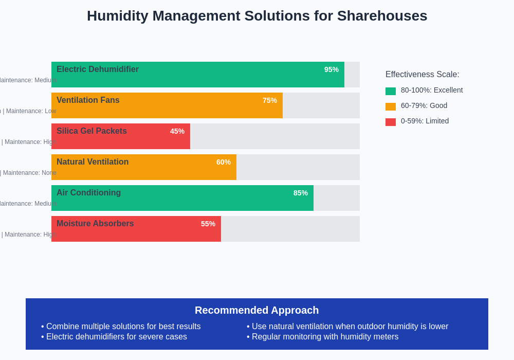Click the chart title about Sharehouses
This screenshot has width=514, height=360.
257,16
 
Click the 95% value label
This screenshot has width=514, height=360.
331,69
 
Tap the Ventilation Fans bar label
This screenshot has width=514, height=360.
88,100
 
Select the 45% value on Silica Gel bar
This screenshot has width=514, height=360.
177,131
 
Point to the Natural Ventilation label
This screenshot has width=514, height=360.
93,162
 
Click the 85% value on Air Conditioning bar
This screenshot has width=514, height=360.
300,193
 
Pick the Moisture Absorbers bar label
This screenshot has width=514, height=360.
95,224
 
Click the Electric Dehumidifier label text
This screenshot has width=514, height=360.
98,69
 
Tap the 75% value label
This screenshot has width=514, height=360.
269,100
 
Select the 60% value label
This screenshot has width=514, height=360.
223,162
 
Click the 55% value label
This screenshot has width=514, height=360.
208,224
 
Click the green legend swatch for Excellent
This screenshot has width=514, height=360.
391,91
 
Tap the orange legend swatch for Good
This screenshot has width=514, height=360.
391,106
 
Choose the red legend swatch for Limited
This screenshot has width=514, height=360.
391,122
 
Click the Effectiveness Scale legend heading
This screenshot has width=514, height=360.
423,75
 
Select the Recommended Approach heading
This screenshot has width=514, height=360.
257,310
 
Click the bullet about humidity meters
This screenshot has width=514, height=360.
325,337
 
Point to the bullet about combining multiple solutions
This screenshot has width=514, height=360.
123,327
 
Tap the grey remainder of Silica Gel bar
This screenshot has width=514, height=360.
275,136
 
